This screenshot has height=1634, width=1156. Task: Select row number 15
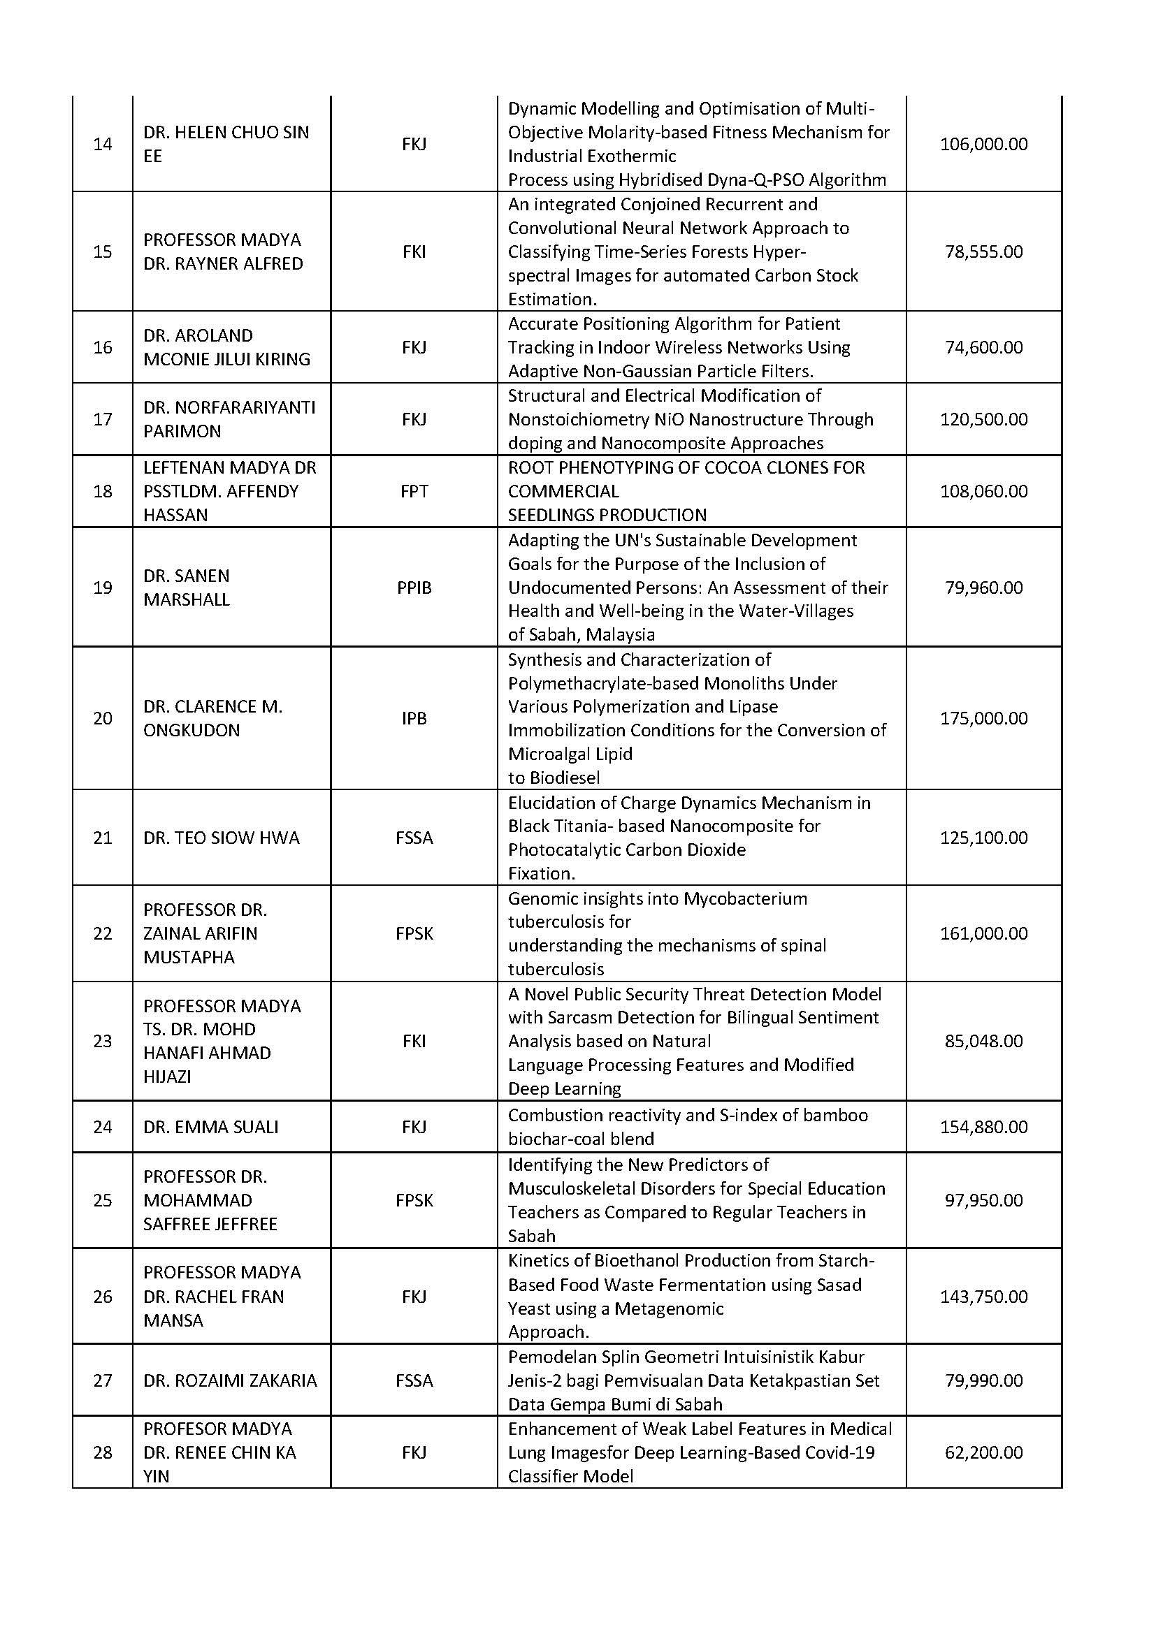pyautogui.click(x=103, y=251)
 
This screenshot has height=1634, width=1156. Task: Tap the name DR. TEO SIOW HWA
pyautogui.click(x=222, y=838)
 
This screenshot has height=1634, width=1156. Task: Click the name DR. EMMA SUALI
pyautogui.click(x=210, y=1127)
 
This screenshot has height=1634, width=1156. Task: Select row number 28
pyautogui.click(x=103, y=1452)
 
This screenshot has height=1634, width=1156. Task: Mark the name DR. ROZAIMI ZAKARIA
pyautogui.click(x=230, y=1380)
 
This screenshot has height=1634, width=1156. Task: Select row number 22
pyautogui.click(x=103, y=933)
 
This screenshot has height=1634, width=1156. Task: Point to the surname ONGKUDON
pyautogui.click(x=192, y=730)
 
